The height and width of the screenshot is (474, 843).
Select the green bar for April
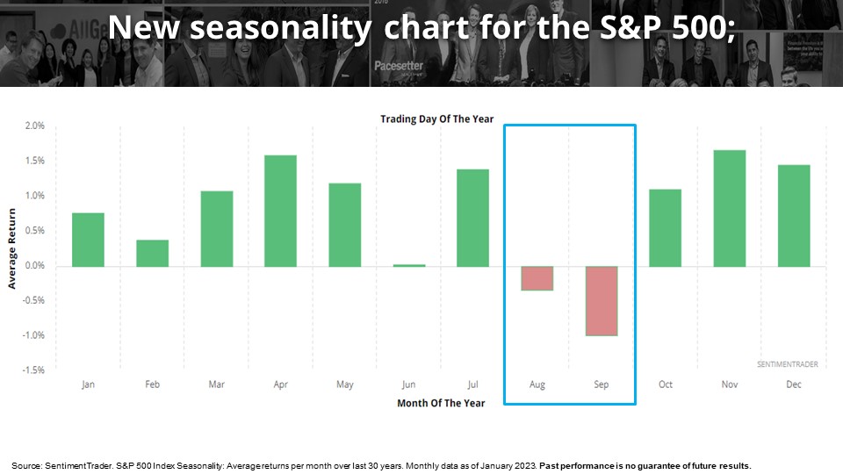pos(280,211)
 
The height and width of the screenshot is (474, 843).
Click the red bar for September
pos(602,300)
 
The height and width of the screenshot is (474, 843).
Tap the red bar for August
pos(537,277)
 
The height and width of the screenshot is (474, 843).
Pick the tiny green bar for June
pos(408,264)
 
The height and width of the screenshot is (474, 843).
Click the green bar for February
pos(152,253)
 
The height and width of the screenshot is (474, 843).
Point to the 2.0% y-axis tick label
pos(33,126)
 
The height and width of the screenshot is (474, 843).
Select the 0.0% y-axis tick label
pos(33,266)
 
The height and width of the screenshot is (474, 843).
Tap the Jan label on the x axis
pos(88,384)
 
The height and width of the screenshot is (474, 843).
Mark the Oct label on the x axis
pos(665,384)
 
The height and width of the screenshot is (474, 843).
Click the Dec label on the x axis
pos(794,384)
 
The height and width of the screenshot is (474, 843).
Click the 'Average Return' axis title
pos(12,248)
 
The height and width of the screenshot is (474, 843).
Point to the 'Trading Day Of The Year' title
pos(436,118)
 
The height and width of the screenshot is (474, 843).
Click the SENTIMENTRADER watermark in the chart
pos(786,363)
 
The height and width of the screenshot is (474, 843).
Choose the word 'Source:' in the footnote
pos(25,464)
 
